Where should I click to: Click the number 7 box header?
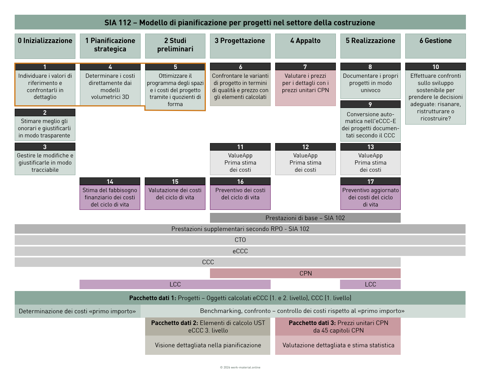[x=305, y=67]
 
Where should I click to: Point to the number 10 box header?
[x=435, y=67]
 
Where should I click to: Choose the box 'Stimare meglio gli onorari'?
[x=45, y=128]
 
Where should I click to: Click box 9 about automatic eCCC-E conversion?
[x=371, y=125]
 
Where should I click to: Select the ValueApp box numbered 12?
[x=305, y=163]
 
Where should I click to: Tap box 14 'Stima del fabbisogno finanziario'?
[x=110, y=197]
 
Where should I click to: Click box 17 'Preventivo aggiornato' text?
[x=371, y=197]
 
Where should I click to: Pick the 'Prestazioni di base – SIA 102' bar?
[x=305, y=218]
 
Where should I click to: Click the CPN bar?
[x=305, y=273]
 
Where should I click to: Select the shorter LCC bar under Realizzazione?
[x=370, y=284]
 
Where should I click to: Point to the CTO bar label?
[x=240, y=240]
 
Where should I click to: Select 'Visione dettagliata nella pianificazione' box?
[x=208, y=345]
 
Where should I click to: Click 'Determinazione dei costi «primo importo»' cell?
[x=77, y=311]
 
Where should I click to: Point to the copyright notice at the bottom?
[x=240, y=367]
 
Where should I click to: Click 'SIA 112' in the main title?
[x=118, y=23]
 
